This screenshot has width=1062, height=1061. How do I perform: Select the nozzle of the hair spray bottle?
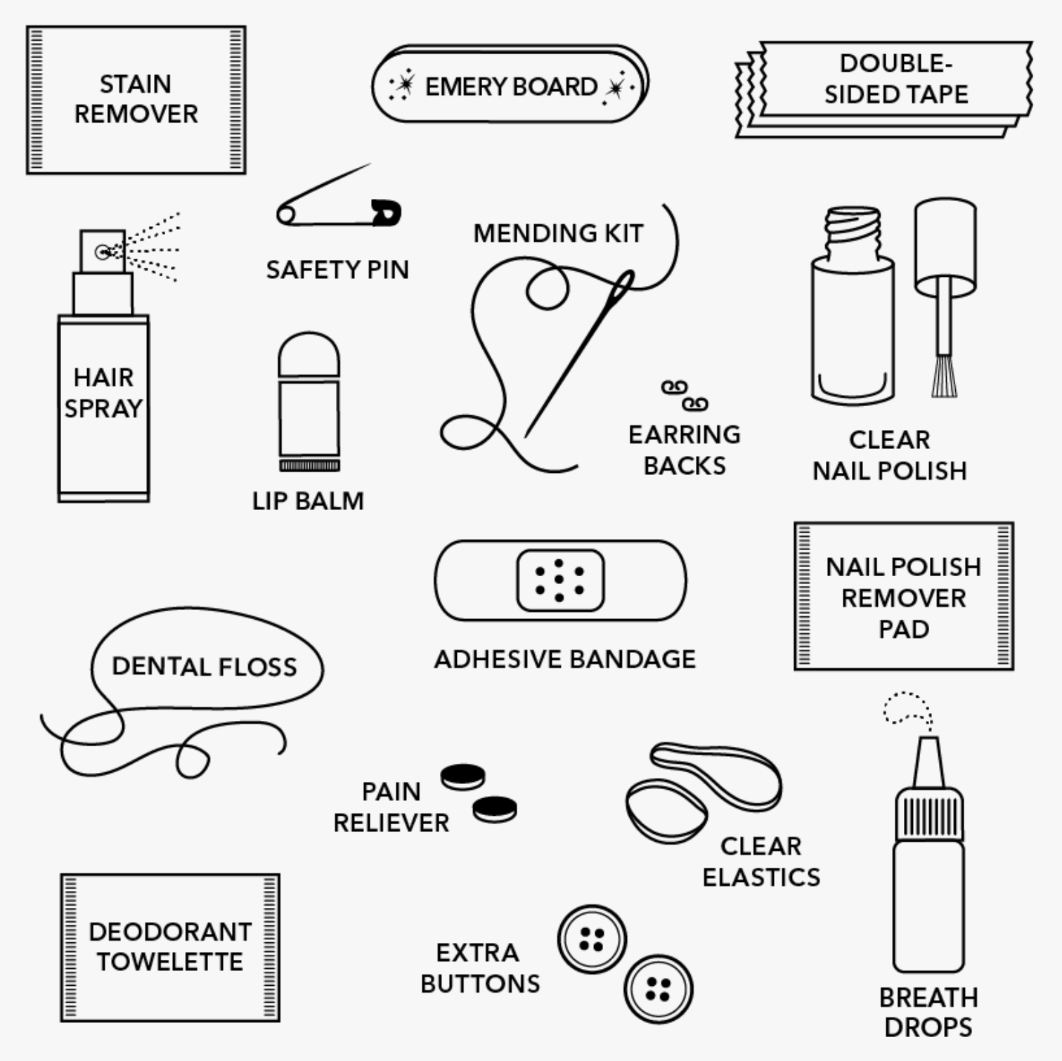pos(103,251)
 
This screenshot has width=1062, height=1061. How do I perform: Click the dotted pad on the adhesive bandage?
pos(560,580)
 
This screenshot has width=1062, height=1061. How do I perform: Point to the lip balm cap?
pos(309,355)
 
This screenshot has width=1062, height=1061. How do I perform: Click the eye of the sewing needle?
pos(622,289)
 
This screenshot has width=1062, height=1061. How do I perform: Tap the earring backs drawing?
pos(684,396)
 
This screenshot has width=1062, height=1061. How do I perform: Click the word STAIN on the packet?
pos(135,84)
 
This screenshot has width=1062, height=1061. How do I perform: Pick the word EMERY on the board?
pos(465,86)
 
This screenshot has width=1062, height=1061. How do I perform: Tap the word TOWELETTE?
pos(170,961)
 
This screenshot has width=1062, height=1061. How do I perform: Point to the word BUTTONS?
pos(480,983)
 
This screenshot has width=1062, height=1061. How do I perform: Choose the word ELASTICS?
pos(761,877)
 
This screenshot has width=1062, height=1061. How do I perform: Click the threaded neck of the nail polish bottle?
pos(853,233)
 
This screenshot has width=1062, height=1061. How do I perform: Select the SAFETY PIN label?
pos(337,270)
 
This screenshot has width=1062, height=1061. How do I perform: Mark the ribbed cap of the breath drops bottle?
pos(928,814)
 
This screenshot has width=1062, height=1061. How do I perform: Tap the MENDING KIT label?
pos(558,233)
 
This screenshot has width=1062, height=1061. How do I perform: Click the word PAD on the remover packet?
pos(904,629)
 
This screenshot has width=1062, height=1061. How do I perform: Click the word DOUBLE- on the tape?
pos(896,63)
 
